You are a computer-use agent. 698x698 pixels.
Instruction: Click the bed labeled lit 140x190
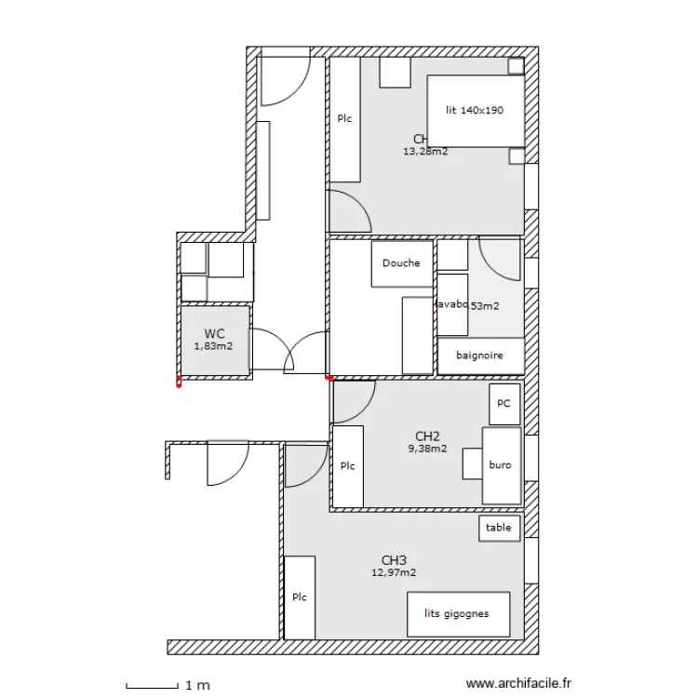(x=475, y=111)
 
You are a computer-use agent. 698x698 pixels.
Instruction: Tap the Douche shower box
(x=401, y=263)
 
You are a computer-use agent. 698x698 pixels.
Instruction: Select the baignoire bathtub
(x=479, y=356)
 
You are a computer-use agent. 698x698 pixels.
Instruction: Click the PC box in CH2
(x=503, y=404)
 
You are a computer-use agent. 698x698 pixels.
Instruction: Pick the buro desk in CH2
(x=501, y=465)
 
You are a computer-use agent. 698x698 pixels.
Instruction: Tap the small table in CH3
(x=498, y=528)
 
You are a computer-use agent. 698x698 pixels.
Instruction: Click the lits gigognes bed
(x=458, y=614)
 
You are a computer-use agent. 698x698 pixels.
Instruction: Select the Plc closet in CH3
(x=299, y=597)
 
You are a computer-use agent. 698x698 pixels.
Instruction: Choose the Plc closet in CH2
(x=347, y=466)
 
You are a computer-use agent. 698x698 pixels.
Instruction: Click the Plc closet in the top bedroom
(x=344, y=119)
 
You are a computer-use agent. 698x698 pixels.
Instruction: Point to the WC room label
(x=214, y=333)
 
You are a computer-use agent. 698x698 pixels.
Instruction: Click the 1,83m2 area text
(x=213, y=346)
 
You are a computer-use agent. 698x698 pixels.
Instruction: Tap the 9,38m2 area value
(x=427, y=448)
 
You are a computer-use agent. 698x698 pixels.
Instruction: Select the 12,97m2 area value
(x=394, y=572)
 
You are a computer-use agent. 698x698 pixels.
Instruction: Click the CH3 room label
(x=394, y=560)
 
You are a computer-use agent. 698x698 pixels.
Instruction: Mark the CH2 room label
(x=427, y=436)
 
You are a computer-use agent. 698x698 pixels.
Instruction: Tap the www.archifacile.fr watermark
(x=518, y=684)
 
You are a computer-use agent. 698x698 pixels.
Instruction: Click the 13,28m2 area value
(x=424, y=151)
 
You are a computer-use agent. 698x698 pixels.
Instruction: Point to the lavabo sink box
(x=452, y=304)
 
